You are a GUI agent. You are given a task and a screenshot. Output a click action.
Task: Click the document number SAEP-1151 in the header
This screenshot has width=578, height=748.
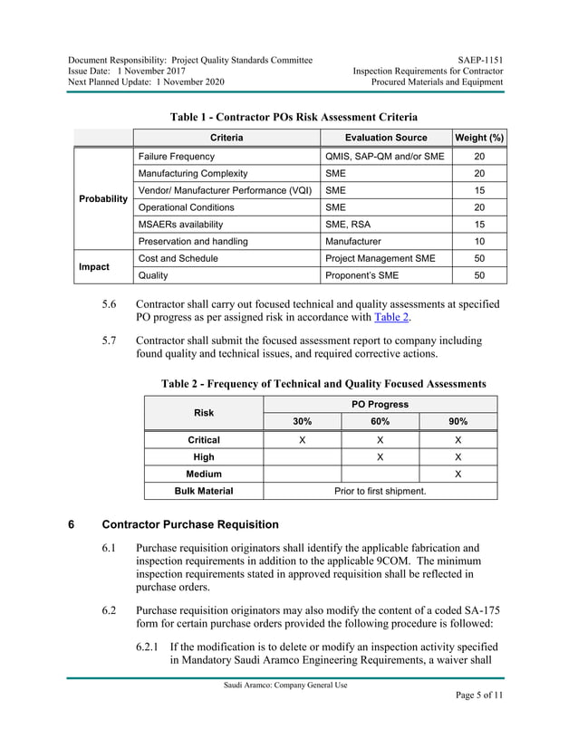[484, 60]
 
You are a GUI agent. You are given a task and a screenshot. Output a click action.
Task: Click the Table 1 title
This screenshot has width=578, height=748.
[294, 117]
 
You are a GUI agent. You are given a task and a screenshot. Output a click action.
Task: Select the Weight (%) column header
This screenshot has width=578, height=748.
[479, 138]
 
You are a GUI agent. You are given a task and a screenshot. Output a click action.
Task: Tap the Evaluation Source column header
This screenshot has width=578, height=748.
[386, 138]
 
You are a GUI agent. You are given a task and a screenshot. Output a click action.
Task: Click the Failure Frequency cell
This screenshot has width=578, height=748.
[176, 157]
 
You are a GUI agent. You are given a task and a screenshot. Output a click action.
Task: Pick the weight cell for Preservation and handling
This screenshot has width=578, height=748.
[479, 242]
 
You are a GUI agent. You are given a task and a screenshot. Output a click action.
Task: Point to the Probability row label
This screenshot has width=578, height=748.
[102, 199]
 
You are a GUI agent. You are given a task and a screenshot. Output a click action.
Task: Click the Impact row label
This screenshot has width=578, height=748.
[94, 267]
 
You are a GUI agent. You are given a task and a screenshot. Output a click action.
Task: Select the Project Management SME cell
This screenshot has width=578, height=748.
[380, 259]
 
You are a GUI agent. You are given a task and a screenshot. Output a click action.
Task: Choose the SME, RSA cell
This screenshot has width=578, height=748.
[349, 225]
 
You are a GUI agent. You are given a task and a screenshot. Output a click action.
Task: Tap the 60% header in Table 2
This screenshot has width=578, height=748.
[381, 422]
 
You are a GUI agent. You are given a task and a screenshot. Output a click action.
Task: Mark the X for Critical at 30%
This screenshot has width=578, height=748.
[302, 440]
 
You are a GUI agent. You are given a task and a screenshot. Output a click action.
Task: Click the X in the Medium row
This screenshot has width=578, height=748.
[458, 474]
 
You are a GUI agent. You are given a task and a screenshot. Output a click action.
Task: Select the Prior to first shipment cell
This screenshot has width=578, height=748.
[381, 491]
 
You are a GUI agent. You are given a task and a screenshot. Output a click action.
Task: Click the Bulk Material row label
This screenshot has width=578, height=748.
[204, 491]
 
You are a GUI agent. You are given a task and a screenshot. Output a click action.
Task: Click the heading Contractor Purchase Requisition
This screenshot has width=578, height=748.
[190, 525]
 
